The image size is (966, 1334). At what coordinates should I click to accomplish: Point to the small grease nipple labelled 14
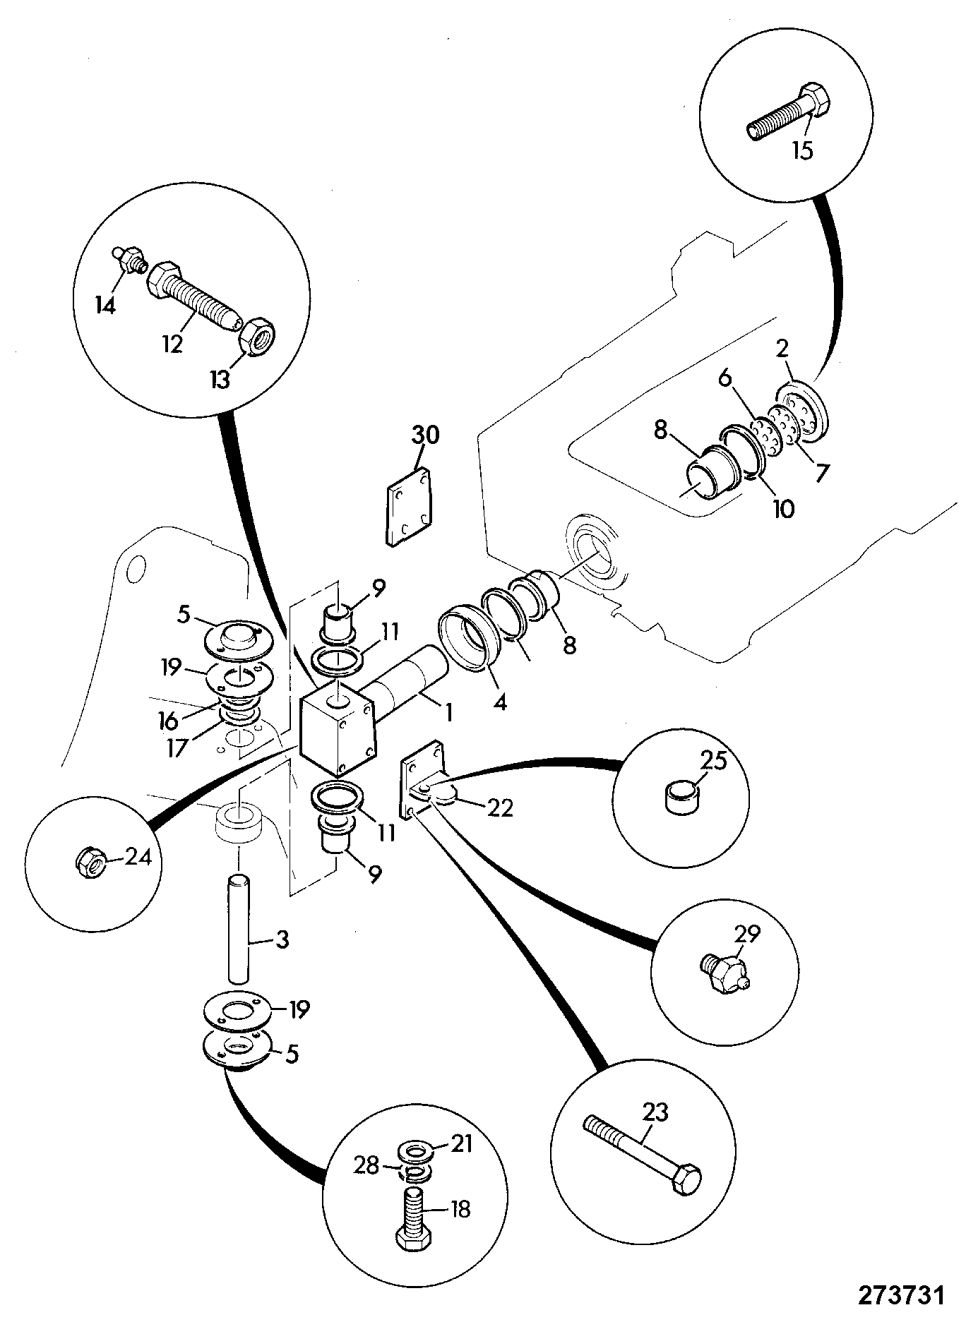pos(129,260)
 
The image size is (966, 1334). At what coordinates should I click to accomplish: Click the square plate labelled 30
pos(409,505)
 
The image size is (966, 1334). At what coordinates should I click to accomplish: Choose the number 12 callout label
pos(173,344)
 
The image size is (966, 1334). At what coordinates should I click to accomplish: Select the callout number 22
pos(500,807)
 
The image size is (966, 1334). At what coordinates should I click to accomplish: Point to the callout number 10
pos(783,507)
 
